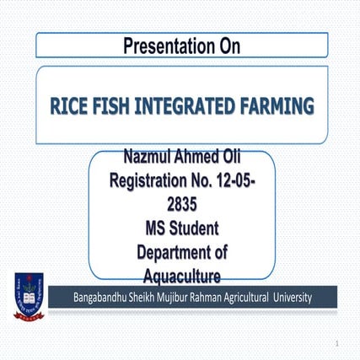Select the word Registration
pos(154,180)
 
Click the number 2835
pos(181,202)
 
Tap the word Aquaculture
pos(181,274)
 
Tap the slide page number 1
pos(336,344)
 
